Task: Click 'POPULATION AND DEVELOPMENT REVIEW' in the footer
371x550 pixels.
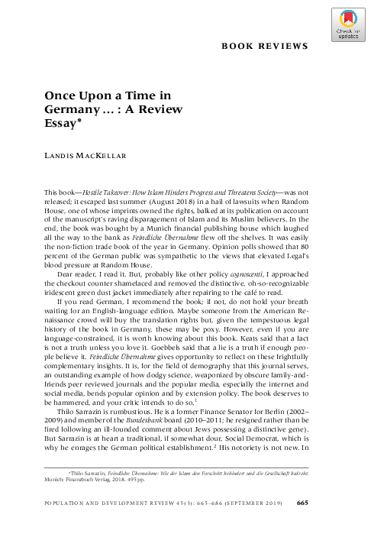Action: point(102,524)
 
